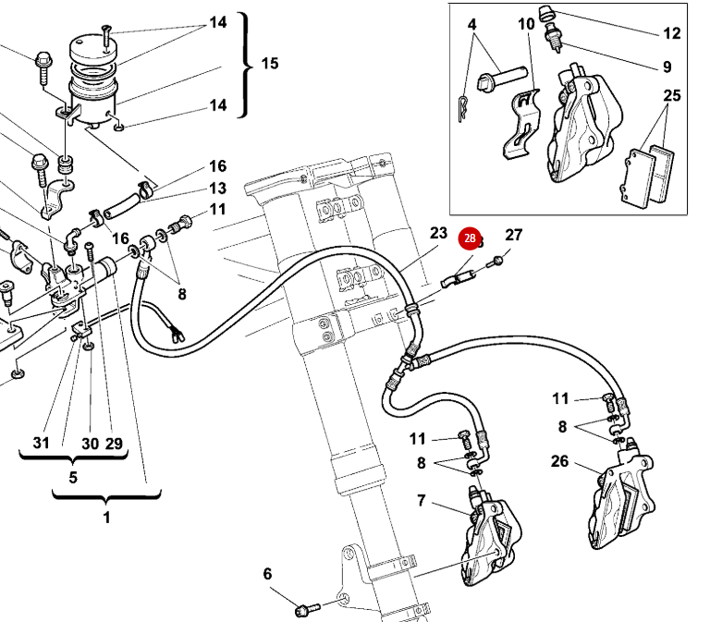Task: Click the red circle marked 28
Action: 470,239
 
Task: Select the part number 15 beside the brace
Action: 269,64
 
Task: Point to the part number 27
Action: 514,235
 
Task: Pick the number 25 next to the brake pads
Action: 672,95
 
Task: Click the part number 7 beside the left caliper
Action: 421,501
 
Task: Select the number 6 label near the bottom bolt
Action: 268,574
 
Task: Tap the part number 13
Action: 217,188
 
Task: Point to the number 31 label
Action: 41,443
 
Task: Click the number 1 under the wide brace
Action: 105,518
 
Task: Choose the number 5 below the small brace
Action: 73,478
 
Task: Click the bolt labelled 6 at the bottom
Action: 304,609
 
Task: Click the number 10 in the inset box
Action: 526,22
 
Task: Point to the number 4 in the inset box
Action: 471,22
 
